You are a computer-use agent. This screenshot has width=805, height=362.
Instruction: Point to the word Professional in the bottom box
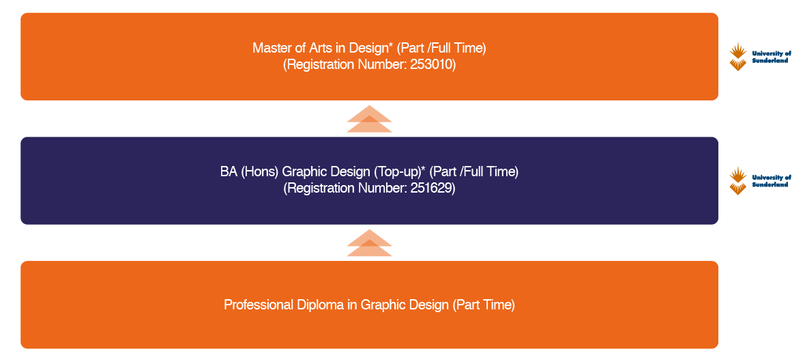258,305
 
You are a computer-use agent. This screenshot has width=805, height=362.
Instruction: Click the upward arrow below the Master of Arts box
369,119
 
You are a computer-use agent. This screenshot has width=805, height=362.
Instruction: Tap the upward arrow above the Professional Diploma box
369,242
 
